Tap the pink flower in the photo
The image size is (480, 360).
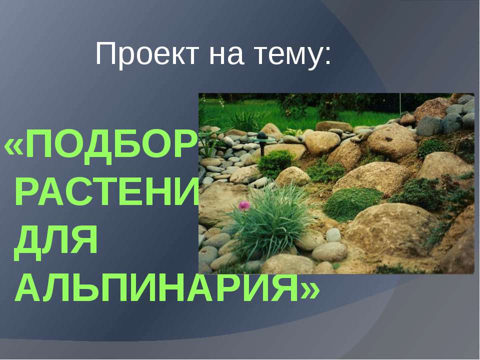coord(244,205)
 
